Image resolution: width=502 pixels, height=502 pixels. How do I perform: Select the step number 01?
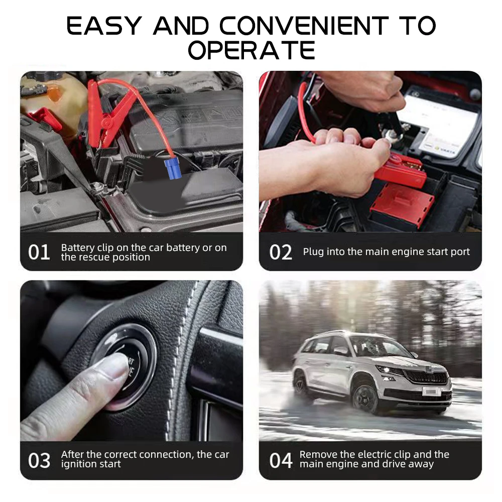[x=39, y=253]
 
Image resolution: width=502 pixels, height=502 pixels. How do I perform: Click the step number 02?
[x=281, y=253]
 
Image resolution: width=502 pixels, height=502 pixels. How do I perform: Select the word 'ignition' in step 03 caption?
[x=80, y=464]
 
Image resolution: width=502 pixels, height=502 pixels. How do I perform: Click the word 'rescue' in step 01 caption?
[x=94, y=258]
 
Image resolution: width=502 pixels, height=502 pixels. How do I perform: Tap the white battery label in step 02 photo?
[x=442, y=120]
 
